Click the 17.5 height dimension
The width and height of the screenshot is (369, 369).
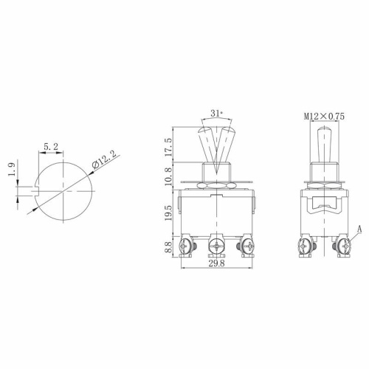[x=169, y=145]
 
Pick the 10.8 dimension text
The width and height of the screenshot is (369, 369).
[x=169, y=174]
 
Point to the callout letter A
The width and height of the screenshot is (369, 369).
[x=359, y=229]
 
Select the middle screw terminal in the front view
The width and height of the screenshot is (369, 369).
[x=217, y=244]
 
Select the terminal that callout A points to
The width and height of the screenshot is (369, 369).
[x=341, y=244]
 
